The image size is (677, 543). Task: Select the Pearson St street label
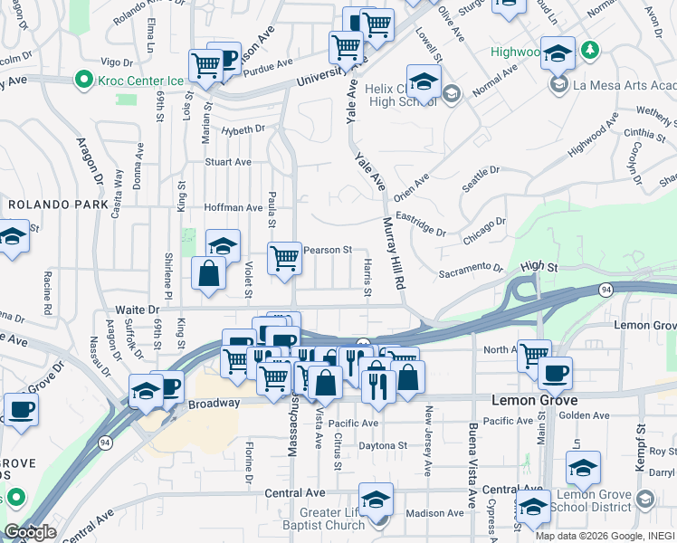pos(328,250)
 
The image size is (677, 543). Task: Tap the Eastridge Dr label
pos(422,224)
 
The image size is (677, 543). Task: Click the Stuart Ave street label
pos(227,162)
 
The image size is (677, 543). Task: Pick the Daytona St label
pos(381,445)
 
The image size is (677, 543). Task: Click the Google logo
pos(30,532)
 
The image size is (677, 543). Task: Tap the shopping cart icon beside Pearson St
pos(284,258)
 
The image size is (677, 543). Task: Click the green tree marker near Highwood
pos(590,49)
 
